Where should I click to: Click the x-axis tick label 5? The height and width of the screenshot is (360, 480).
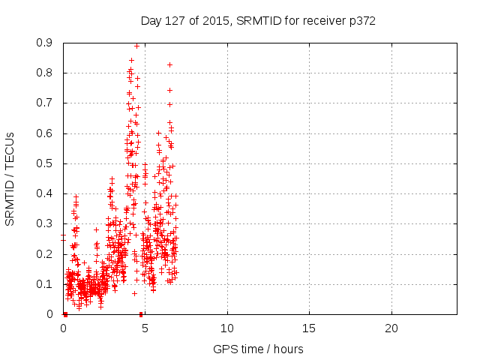coord(145,328)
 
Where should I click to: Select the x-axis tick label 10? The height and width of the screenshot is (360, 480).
coord(227,328)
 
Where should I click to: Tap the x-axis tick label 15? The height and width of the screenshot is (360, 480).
coord(309,328)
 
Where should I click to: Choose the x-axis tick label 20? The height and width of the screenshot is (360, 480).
coord(391,328)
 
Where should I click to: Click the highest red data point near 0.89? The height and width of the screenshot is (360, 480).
coord(136,46)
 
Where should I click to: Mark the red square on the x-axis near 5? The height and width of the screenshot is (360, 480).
coord(141,313)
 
